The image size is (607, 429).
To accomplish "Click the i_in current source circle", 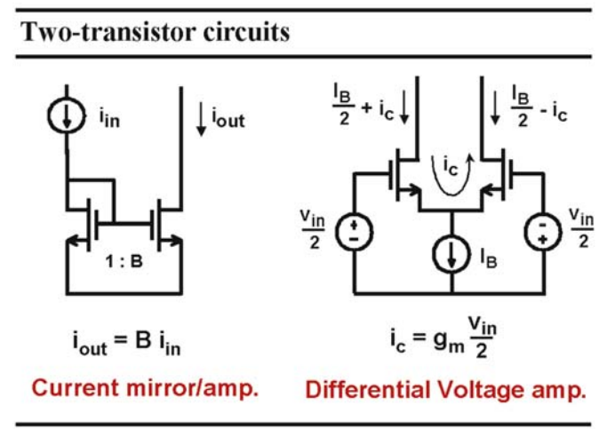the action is (67, 115).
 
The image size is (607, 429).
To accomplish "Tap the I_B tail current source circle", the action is (451, 255).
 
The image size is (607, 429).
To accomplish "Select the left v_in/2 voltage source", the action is (354, 231).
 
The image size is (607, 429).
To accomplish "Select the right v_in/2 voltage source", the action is (543, 231).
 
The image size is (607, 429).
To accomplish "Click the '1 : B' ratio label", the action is (124, 261).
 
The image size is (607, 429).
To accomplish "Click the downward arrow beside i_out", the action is (201, 119).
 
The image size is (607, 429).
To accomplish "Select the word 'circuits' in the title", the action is (246, 32).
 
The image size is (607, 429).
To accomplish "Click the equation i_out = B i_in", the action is (127, 343).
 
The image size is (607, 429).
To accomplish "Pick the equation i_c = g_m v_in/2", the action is (443, 338).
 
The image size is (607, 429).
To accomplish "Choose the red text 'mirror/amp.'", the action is (192, 388).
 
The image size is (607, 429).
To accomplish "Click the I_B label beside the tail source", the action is (488, 257).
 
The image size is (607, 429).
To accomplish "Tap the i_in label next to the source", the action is (109, 117).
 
